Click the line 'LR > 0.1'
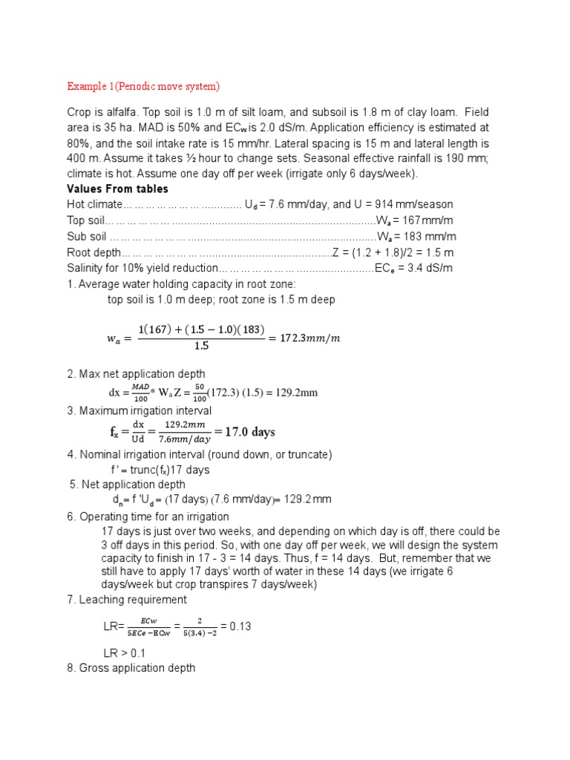125,652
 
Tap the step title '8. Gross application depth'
131,668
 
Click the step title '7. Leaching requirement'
127,599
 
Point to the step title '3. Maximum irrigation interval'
139,410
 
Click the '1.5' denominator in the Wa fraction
201,346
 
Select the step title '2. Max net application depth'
136,373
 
